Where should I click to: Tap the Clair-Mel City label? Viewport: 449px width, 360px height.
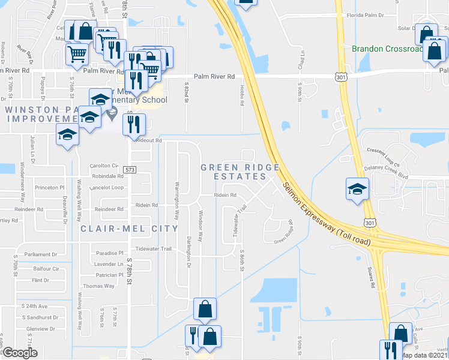[x=130, y=229]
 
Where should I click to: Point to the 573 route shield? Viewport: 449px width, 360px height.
[x=130, y=170]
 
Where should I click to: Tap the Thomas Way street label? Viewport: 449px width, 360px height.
[x=99, y=286]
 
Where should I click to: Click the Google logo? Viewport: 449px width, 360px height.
[x=20, y=353]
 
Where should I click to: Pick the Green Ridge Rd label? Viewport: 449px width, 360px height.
[x=283, y=234]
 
